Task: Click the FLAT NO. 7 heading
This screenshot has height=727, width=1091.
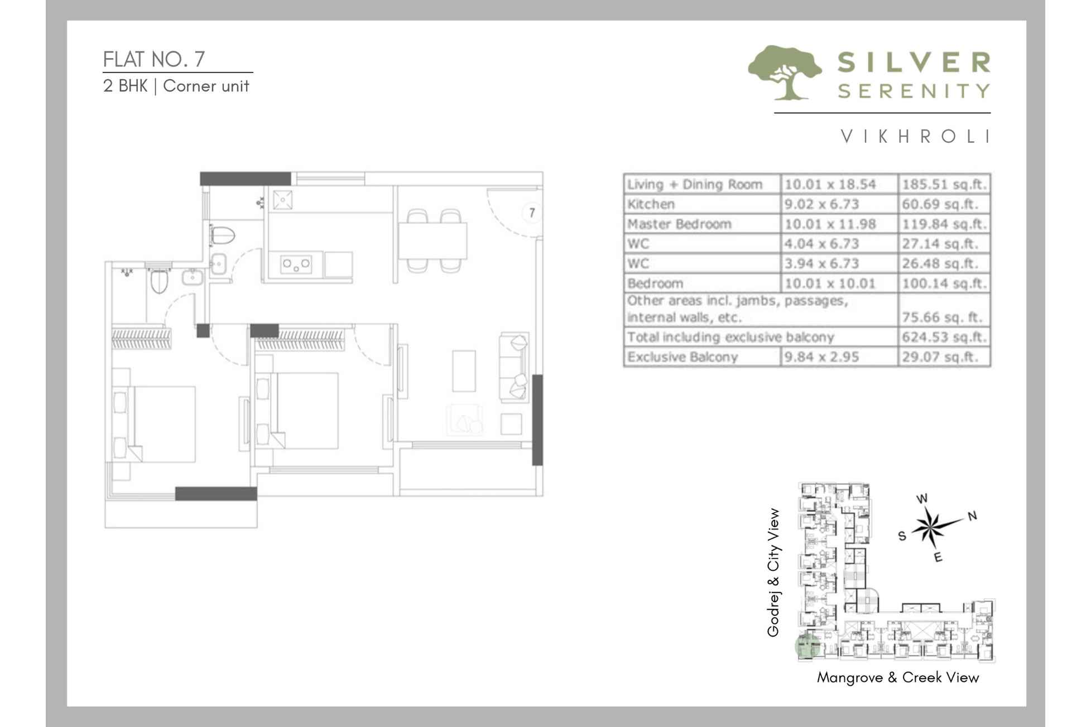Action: (154, 59)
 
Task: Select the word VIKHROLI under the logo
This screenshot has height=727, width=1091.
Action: (915, 137)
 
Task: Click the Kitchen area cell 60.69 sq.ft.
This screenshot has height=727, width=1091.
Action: (940, 204)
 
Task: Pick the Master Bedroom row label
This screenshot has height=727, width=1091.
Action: (679, 224)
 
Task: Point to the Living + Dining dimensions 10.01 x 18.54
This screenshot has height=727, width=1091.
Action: (830, 185)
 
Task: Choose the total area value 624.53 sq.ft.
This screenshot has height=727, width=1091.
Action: (944, 338)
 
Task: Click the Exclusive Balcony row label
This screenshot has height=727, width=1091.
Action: (682, 357)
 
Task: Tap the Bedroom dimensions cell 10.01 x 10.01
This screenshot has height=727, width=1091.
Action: (830, 283)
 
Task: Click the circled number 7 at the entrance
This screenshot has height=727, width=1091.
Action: (532, 213)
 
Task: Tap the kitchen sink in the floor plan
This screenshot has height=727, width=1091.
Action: (282, 199)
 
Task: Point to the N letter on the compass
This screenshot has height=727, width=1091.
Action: (972, 516)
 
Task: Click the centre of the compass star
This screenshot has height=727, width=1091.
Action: (930, 528)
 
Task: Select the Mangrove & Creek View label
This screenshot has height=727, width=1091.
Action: (897, 677)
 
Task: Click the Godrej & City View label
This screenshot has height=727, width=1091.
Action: (773, 572)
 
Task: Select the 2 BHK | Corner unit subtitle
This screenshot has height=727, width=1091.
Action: (176, 86)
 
